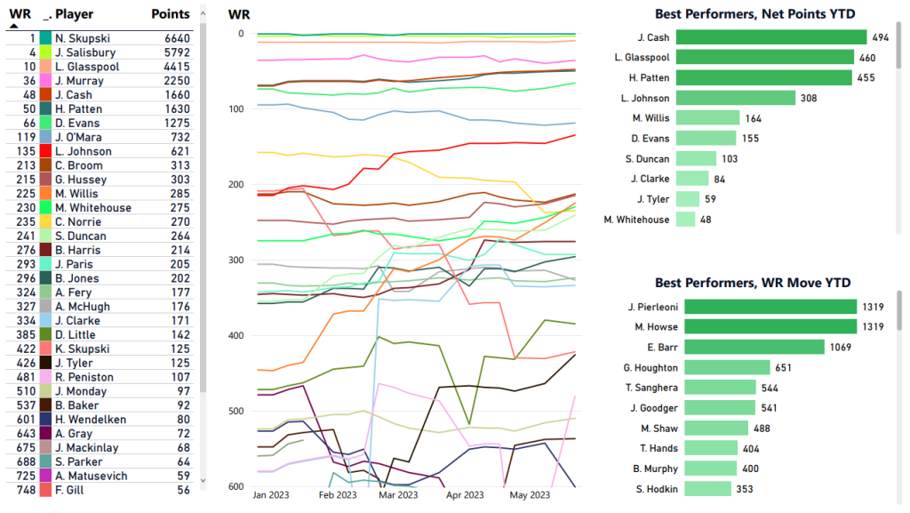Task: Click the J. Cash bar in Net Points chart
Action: tap(770, 37)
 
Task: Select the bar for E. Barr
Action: tap(754, 347)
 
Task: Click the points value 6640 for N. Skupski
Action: tap(176, 38)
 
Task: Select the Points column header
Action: tap(171, 14)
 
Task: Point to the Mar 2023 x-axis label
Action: tap(398, 495)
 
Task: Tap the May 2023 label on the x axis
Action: tap(530, 495)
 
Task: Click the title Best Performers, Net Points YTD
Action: tap(753, 13)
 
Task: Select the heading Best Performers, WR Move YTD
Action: tap(753, 283)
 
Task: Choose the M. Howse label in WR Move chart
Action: tap(657, 327)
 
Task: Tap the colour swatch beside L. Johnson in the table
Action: tap(45, 151)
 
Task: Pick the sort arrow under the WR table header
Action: tap(14, 27)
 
